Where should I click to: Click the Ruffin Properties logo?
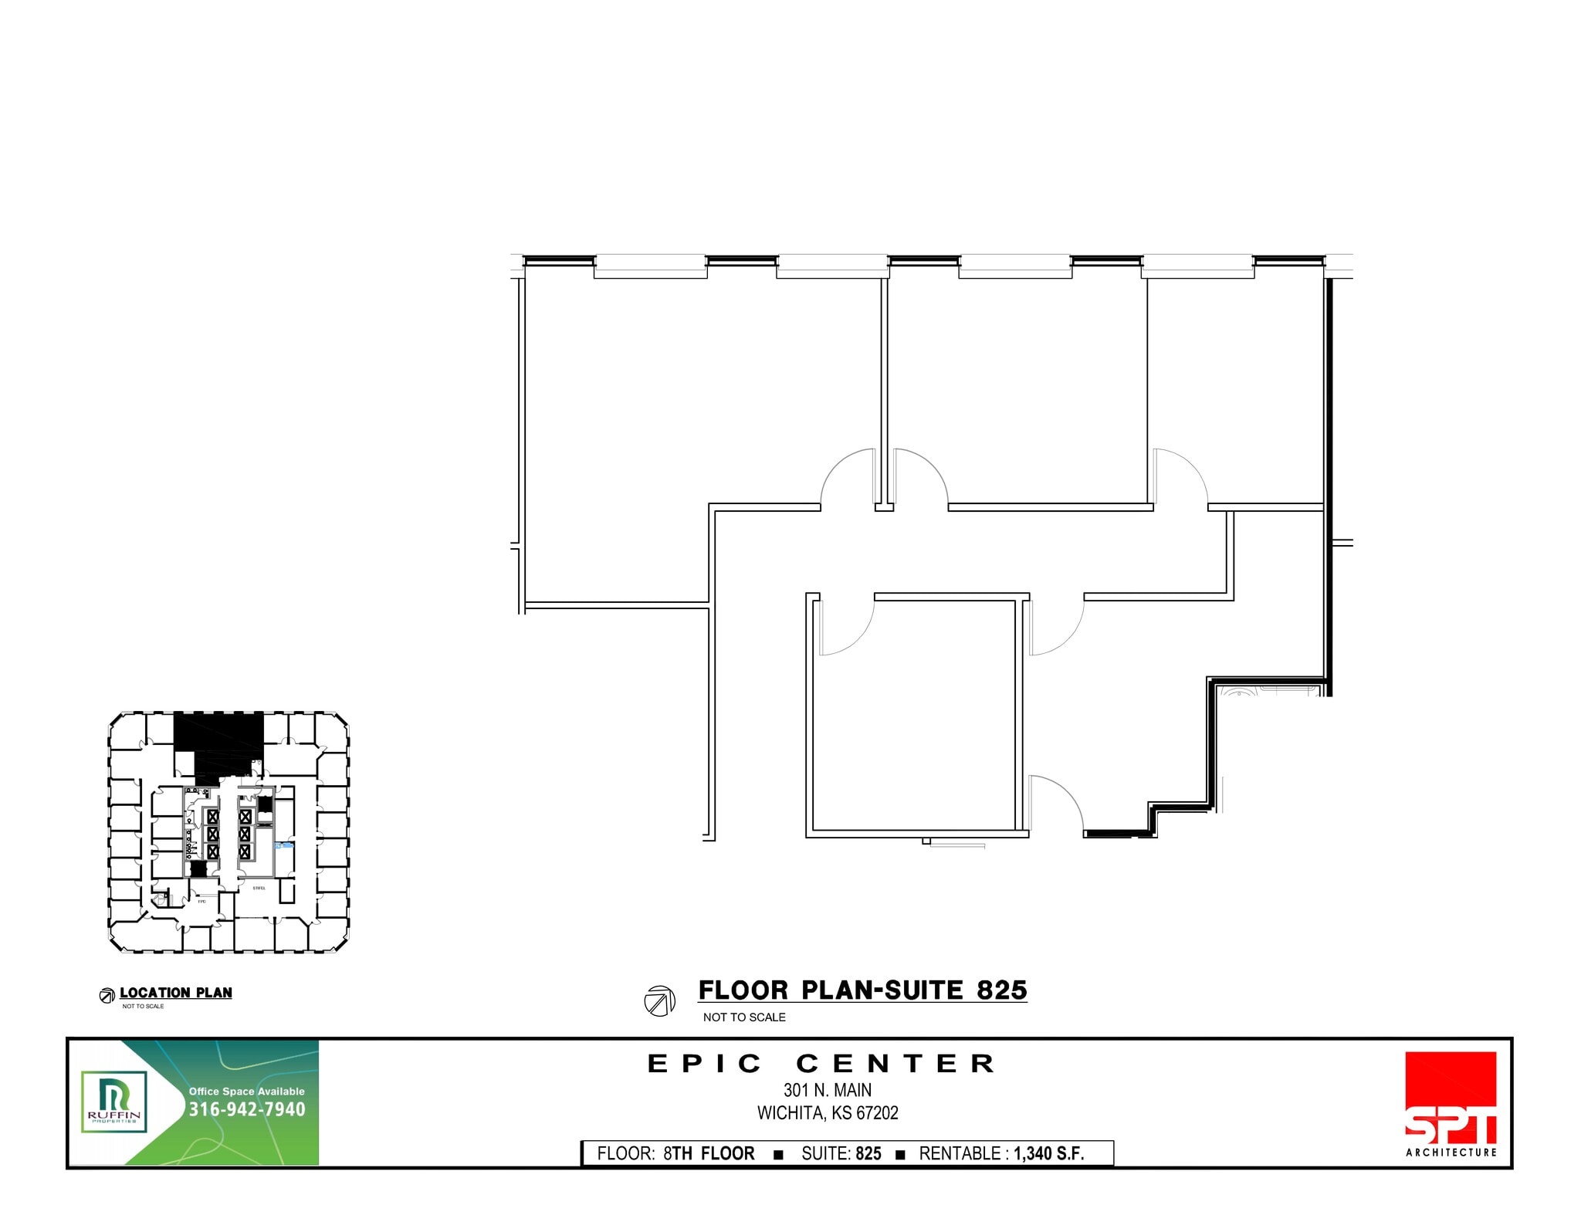(x=114, y=1102)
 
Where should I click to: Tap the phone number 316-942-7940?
(x=247, y=1109)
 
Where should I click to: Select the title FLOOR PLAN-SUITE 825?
(x=862, y=990)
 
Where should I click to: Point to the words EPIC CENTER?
(x=821, y=1064)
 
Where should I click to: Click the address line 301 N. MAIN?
(x=828, y=1090)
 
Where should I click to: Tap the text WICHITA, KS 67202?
(x=828, y=1113)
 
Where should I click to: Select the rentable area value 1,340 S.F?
(x=1048, y=1153)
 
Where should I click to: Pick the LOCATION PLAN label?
(x=175, y=993)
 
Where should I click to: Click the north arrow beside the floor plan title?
(x=659, y=1000)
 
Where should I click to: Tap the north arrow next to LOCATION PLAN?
(x=107, y=996)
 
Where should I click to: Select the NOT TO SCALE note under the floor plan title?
(x=744, y=1017)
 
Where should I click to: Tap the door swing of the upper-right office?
(x=1181, y=477)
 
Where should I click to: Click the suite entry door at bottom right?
(x=1056, y=803)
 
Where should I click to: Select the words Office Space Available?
(x=247, y=1092)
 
